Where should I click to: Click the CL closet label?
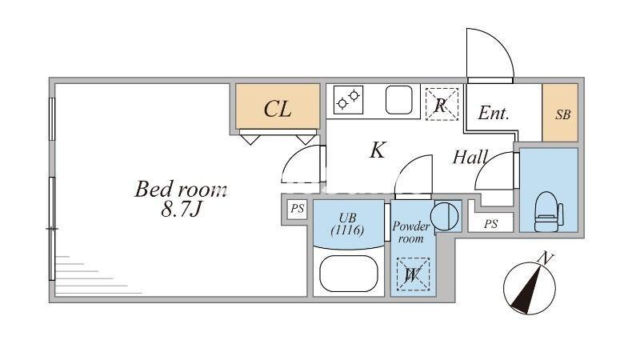tap(278, 110)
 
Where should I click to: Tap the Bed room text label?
tap(181, 190)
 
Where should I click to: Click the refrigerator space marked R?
tap(441, 103)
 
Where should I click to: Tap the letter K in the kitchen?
tap(378, 150)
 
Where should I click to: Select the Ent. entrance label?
tap(494, 114)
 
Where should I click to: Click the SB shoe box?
tap(563, 114)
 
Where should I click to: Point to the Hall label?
tap(470, 158)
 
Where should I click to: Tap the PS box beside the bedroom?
tap(298, 209)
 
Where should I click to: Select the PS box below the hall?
tap(490, 224)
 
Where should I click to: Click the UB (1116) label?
tap(348, 224)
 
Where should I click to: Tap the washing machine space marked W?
tap(414, 274)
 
